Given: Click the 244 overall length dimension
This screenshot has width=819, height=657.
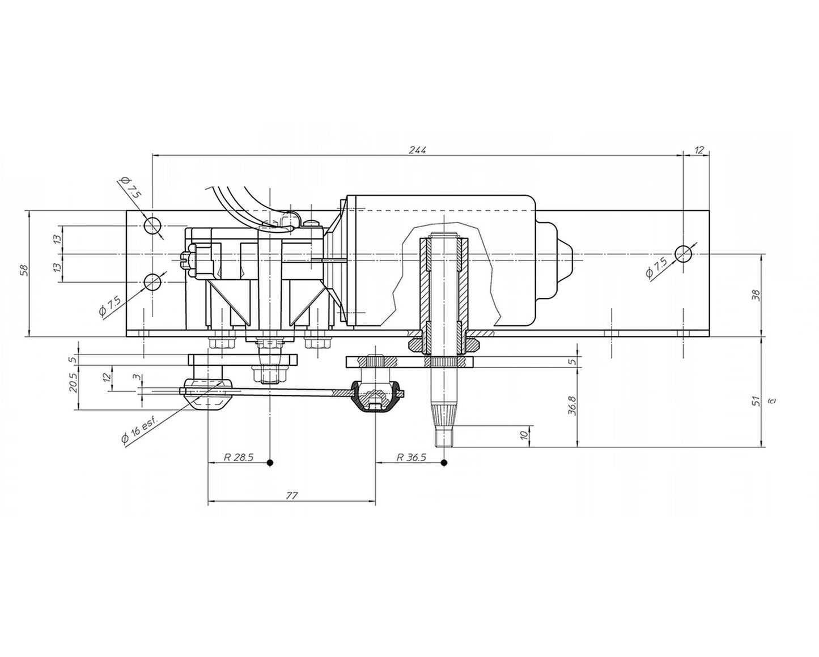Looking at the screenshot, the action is pos(417,150).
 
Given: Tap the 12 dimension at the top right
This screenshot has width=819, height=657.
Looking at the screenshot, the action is pos(699,150).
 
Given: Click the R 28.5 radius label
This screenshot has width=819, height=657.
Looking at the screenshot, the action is pos(238,457).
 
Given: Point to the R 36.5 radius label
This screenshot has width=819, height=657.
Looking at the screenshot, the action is pos(411,457).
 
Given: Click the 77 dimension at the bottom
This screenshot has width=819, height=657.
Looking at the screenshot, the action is pos(291,496).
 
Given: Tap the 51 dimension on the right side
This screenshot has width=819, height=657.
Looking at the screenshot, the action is pos(756,400).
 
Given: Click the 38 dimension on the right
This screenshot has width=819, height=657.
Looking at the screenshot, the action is pos(756,296).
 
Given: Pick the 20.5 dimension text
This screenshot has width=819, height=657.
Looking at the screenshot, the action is pos(74,382).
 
